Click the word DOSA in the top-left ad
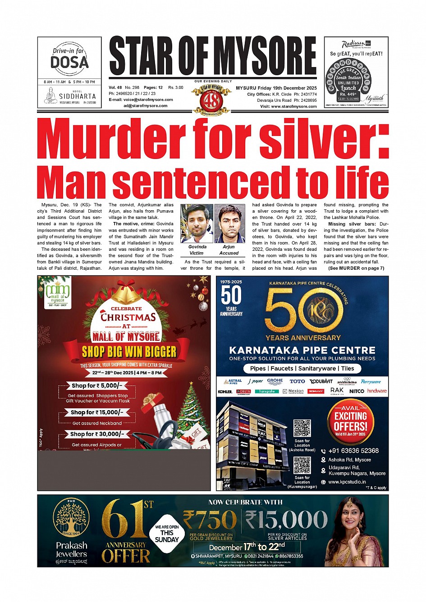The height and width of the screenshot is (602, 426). tap(69, 62)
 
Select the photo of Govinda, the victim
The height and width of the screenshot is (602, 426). tap(197, 223)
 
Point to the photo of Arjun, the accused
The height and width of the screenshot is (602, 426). tap(229, 223)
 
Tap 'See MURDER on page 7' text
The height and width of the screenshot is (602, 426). tap(356, 268)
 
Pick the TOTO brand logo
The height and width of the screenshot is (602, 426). tap(297, 381)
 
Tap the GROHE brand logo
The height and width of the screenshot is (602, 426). tap(275, 381)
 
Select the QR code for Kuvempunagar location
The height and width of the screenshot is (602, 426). tap(302, 465)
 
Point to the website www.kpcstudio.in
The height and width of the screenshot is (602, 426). tap(347, 482)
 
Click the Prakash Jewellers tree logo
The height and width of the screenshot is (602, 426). tap(71, 517)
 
